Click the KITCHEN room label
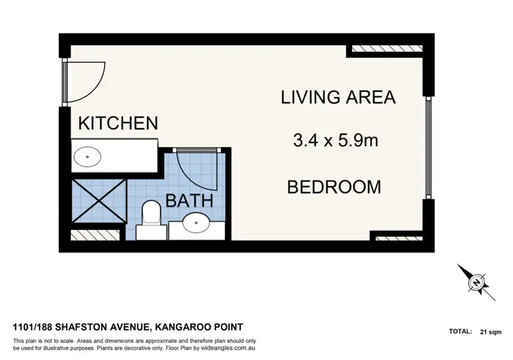click(x=118, y=123)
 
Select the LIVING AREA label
click(x=338, y=97)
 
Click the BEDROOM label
click(x=334, y=186)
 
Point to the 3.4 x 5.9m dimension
click(x=336, y=142)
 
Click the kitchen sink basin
click(x=88, y=157)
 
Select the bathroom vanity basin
click(x=198, y=222)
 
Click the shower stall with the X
click(x=100, y=201)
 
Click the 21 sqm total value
click(x=490, y=331)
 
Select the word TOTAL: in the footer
click(x=460, y=331)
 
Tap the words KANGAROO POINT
click(x=205, y=327)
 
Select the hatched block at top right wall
click(x=384, y=49)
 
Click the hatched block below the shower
click(x=85, y=235)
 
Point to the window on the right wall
click(x=429, y=148)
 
